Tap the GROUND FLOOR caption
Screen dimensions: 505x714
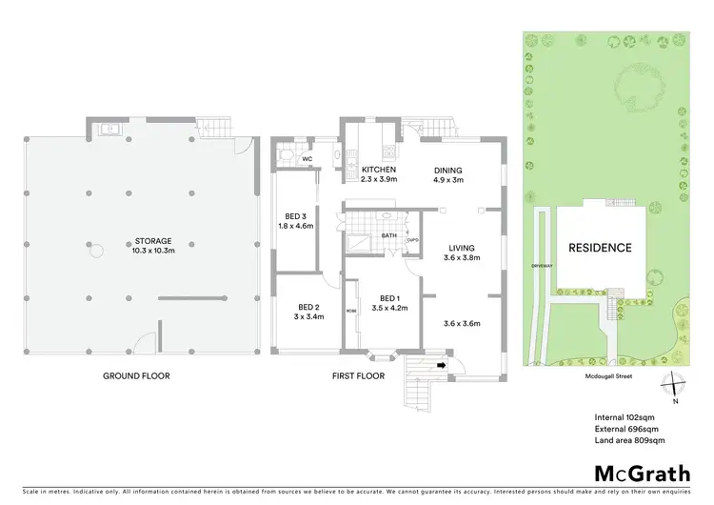pos(136,376)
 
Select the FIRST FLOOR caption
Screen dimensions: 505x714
pos(358,376)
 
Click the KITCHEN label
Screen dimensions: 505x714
pos(379,169)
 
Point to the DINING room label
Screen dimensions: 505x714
pos(450,169)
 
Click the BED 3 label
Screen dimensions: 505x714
pos(295,215)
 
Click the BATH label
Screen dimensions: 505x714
pos(388,234)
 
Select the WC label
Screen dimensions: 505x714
pos(307,159)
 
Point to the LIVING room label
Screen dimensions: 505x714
pos(461,249)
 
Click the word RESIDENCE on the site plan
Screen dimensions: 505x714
pos(600,248)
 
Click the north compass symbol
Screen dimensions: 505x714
pos(675,384)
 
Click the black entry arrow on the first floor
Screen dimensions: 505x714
pos(441,362)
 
